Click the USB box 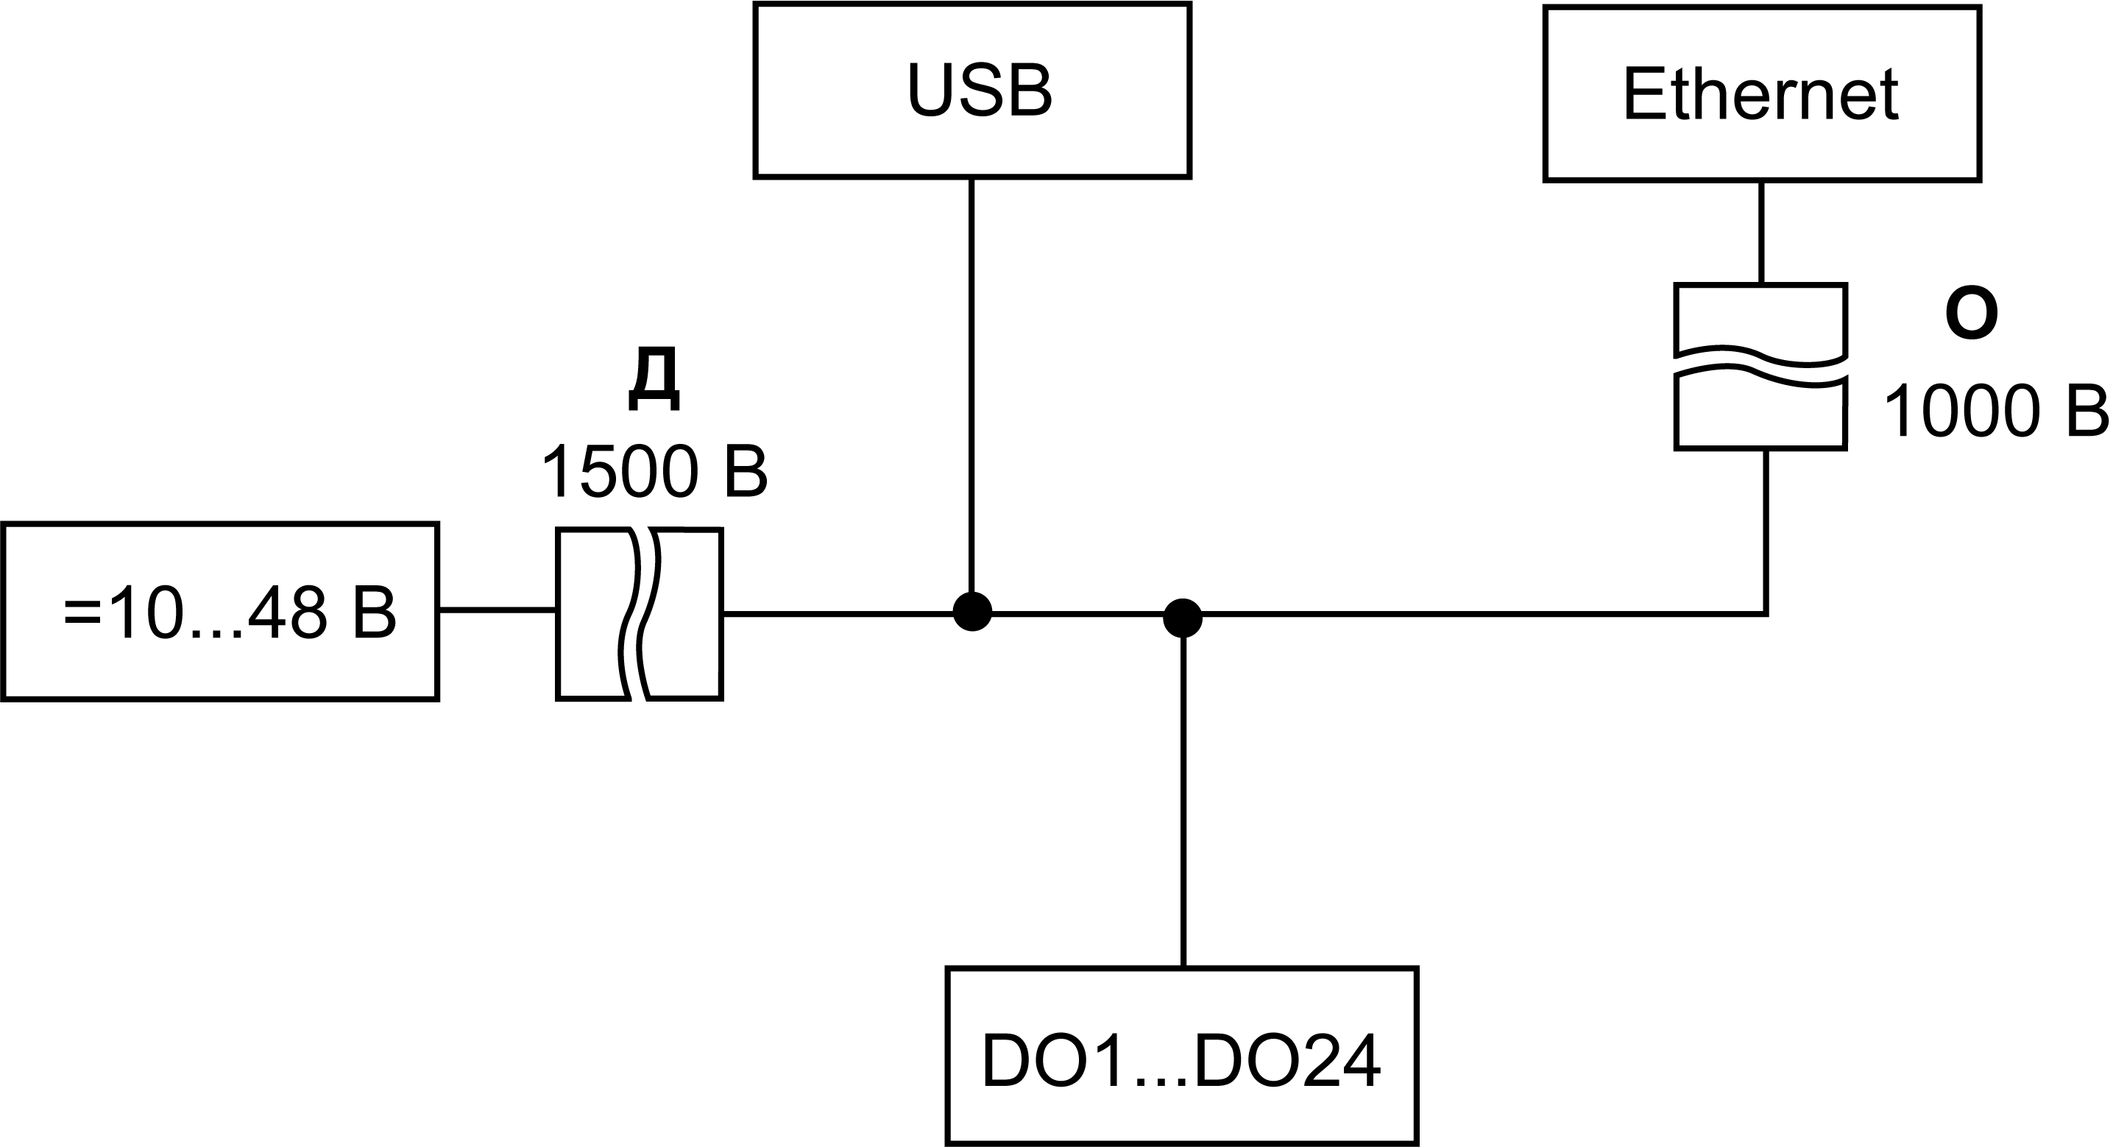[x=972, y=91]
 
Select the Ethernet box [x=1761, y=93]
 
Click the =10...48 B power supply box [x=221, y=612]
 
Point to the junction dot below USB [x=972, y=612]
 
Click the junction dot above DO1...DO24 [x=1183, y=618]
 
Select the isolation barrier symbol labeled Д [x=640, y=614]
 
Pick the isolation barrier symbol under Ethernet [x=1761, y=367]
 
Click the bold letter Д [x=654, y=378]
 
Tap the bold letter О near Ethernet [x=1971, y=315]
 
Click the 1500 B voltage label [x=654, y=472]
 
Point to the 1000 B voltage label [x=1995, y=411]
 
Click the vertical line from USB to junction [x=971, y=386]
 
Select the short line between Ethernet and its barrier [x=1761, y=232]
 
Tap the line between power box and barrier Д [x=497, y=610]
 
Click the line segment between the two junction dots [x=1077, y=613]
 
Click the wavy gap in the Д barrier [x=640, y=614]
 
